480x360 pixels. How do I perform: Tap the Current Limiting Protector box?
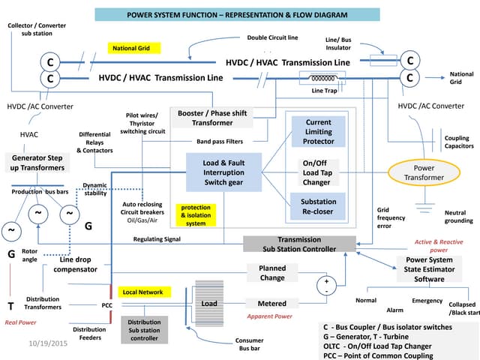tap(319, 132)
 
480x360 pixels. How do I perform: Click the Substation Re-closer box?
tap(319, 206)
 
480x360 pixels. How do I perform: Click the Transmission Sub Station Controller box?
tap(299, 244)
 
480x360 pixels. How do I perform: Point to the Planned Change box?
tap(271, 273)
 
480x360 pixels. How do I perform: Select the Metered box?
tap(271, 304)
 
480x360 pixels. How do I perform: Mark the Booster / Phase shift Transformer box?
tap(212, 118)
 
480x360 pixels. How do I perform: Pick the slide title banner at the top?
tap(239, 15)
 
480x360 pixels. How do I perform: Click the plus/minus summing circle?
tap(325, 285)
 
